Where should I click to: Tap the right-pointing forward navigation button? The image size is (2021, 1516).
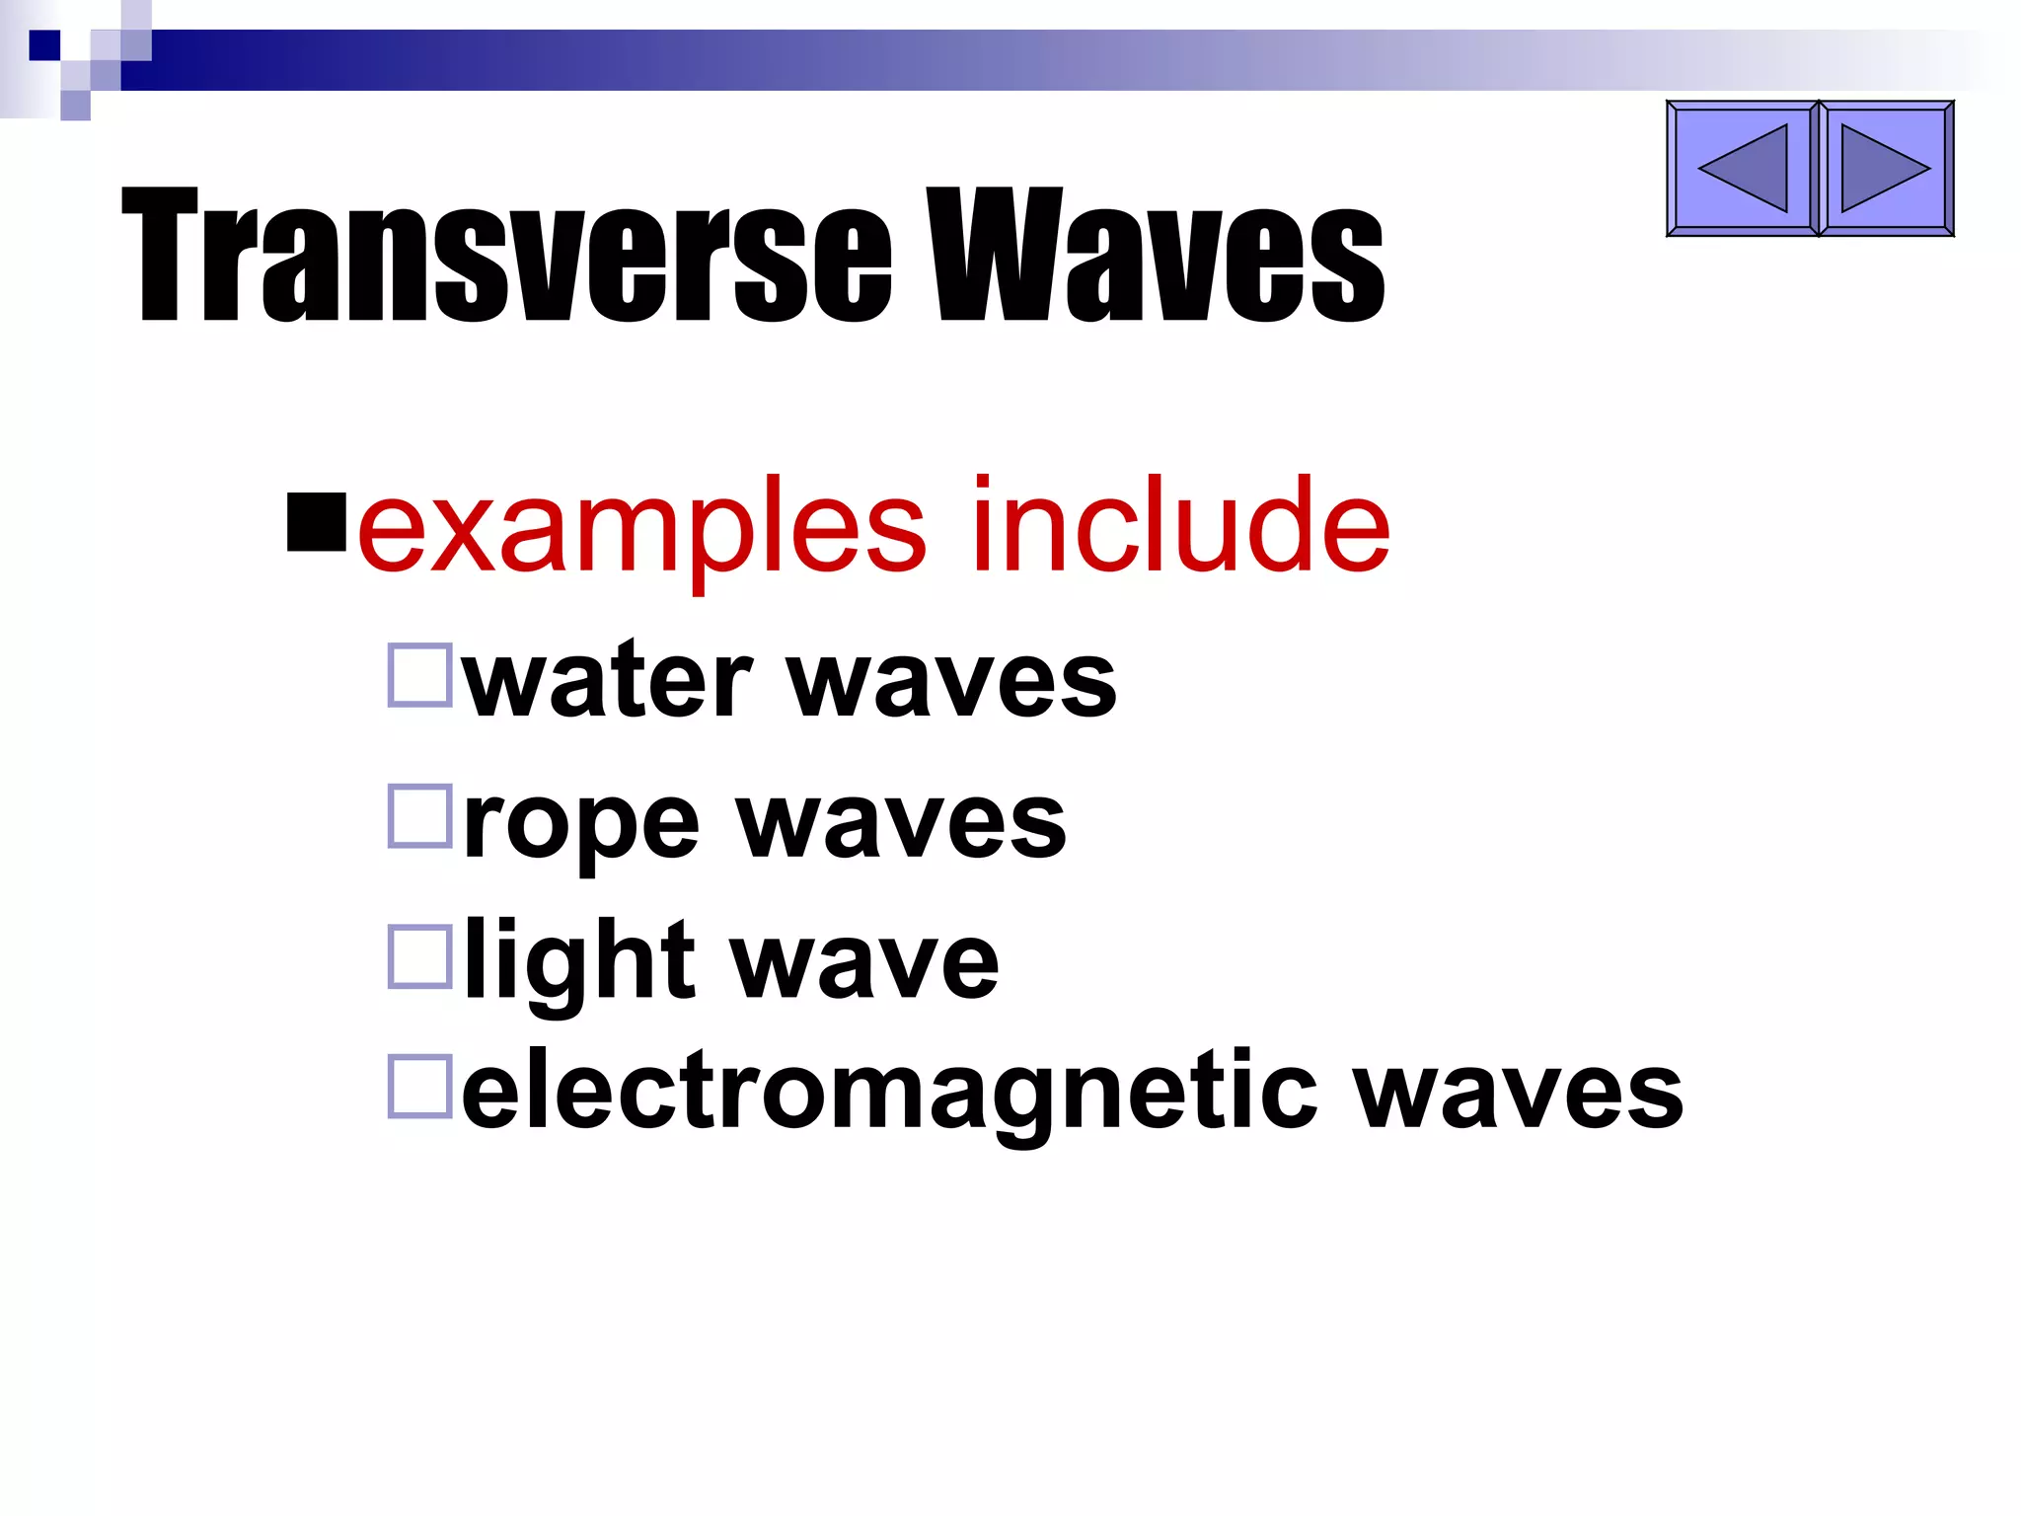click(1885, 169)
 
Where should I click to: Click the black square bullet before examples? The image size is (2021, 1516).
click(317, 522)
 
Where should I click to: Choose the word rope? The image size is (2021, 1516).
click(581, 824)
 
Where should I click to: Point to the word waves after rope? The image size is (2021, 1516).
click(902, 824)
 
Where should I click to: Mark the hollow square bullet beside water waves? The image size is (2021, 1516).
click(420, 675)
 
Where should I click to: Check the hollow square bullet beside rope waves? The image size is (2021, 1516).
click(420, 815)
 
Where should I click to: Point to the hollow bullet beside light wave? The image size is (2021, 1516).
click(420, 955)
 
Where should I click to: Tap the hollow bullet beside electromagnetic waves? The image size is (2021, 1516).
click(420, 1086)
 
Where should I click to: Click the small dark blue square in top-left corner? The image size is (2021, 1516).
click(44, 45)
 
